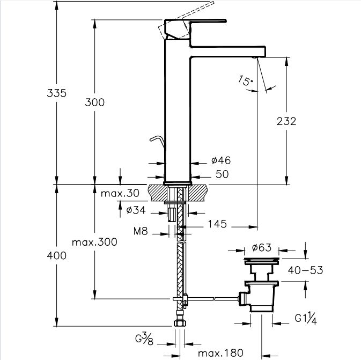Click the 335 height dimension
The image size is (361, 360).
pos(56,93)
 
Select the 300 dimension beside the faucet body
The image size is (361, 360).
pos(94,102)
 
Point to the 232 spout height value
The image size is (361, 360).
pos(286,121)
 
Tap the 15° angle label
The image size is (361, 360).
pos(245,80)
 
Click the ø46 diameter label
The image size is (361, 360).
pos(221,160)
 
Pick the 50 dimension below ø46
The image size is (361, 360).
pos(222,174)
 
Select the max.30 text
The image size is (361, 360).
pos(120,193)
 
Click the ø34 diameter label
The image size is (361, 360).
pos(136,210)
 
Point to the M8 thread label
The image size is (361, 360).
pos(141,231)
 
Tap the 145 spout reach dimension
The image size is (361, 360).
pos(217,224)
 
